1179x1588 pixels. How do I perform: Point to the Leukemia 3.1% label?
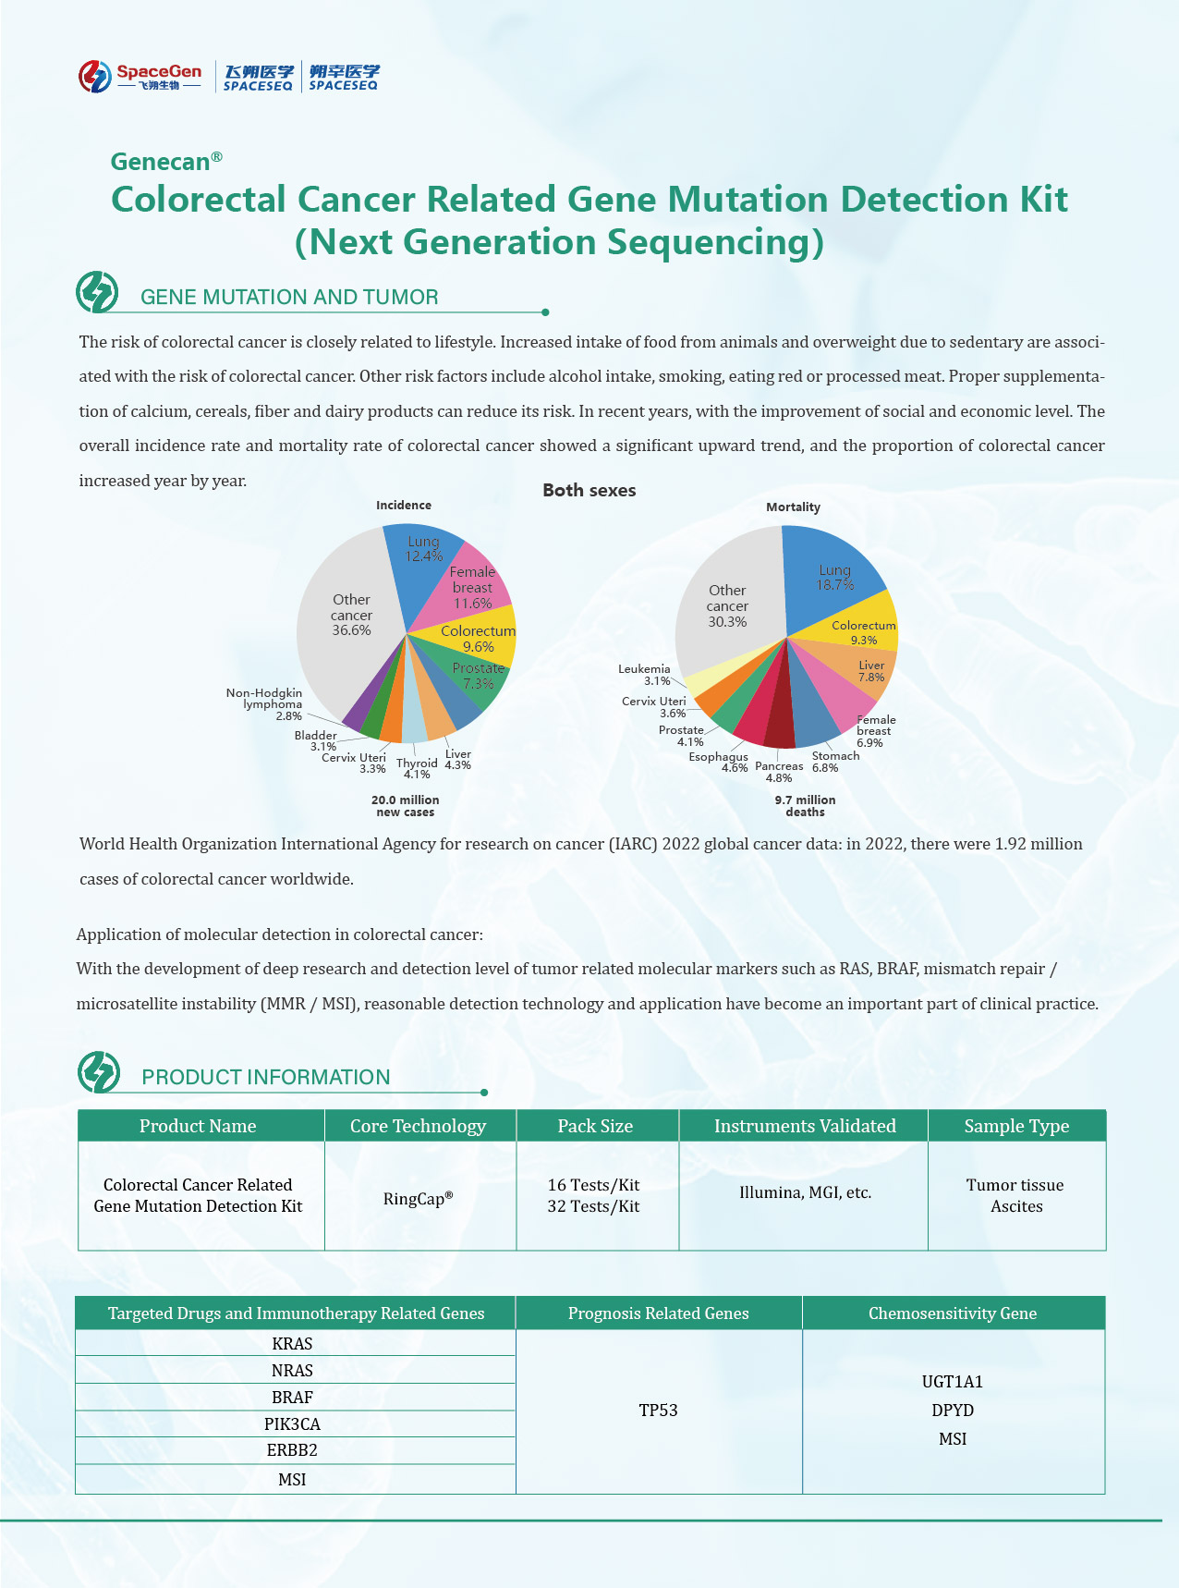[x=645, y=675]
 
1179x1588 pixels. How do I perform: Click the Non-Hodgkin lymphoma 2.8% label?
[x=264, y=703]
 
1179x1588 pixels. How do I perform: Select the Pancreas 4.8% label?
[x=779, y=772]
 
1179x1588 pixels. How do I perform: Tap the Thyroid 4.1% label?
[x=417, y=768]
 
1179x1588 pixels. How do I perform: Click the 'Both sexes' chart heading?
[x=589, y=491]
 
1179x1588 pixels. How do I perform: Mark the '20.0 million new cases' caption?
[x=405, y=806]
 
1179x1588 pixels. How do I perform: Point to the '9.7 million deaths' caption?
[x=805, y=806]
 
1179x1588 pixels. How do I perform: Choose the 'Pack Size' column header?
[x=595, y=1126]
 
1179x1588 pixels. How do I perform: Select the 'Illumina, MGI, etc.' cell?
[x=805, y=1192]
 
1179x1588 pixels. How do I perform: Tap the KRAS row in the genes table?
[x=293, y=1344]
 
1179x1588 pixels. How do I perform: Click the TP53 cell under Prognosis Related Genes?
[x=658, y=1411]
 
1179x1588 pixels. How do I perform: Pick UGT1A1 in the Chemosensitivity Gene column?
[x=953, y=1382]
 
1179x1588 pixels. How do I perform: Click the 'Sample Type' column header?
[x=1016, y=1126]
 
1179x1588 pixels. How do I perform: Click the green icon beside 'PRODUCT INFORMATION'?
[x=99, y=1072]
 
